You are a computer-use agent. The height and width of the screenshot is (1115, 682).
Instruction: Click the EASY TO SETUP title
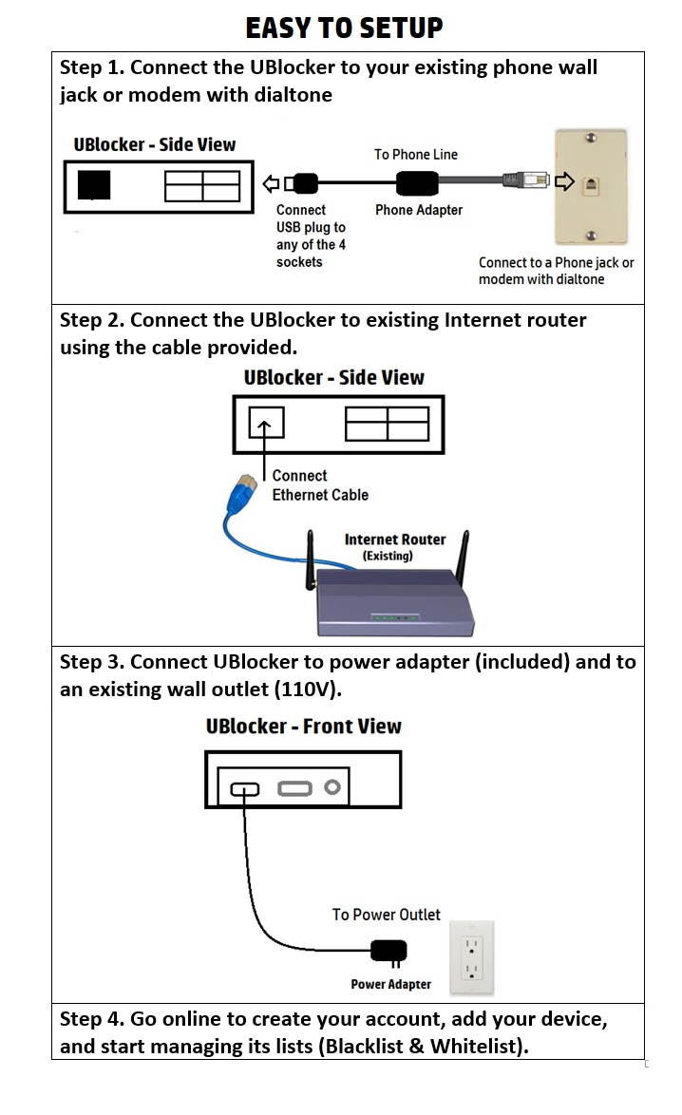tap(344, 28)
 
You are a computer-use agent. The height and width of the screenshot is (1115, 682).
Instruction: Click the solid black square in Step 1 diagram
tap(93, 185)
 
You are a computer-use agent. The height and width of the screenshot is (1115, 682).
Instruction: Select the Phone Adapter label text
tap(419, 210)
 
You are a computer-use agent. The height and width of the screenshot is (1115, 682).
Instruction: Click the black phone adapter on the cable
tap(419, 181)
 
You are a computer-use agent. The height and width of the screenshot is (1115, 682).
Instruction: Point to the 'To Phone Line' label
tap(416, 154)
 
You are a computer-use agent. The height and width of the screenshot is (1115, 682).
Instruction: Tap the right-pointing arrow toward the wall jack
tap(563, 180)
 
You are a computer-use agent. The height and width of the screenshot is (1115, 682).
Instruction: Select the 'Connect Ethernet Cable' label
tap(319, 485)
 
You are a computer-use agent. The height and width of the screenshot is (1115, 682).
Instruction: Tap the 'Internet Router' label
tap(394, 539)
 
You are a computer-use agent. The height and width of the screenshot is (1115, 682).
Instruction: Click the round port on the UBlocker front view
tap(332, 787)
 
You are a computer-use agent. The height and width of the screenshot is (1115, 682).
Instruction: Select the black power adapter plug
tap(389, 951)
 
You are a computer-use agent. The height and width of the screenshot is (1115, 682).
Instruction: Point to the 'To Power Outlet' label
tap(386, 915)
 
